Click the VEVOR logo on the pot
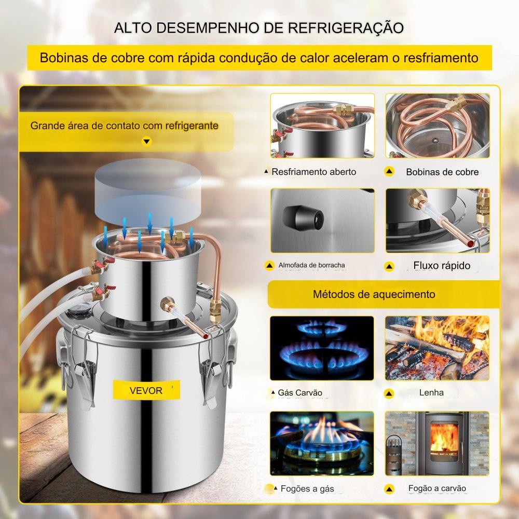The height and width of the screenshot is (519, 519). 146,391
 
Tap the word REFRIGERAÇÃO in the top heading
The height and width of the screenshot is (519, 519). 346,28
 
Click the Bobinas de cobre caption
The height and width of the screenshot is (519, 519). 442,172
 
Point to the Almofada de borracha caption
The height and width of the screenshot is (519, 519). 311,265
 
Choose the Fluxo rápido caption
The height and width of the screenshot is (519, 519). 442,265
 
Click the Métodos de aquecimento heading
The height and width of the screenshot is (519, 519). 374,294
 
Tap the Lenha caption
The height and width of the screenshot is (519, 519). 431,392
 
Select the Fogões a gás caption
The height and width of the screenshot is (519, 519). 307,488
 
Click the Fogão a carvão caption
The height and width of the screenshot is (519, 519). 437,488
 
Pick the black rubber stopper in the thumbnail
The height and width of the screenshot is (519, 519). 303,218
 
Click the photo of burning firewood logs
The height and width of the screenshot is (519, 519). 437,348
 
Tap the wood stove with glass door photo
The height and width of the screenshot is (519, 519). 437,443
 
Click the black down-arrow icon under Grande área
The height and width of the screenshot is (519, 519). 147,142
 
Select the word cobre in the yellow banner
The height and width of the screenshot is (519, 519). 128,58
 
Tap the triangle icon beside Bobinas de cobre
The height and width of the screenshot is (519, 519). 389,171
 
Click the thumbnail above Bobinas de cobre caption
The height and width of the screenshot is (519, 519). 438,126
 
